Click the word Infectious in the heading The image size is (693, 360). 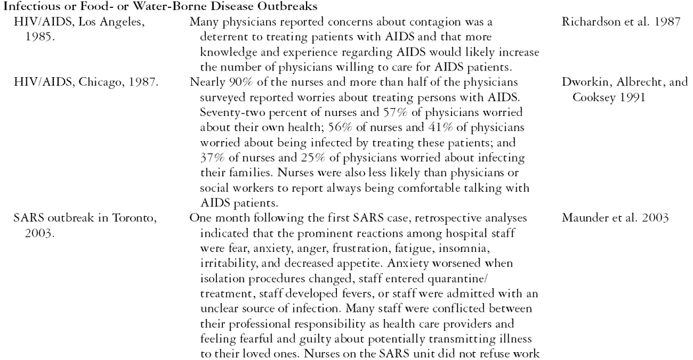[26, 7]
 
